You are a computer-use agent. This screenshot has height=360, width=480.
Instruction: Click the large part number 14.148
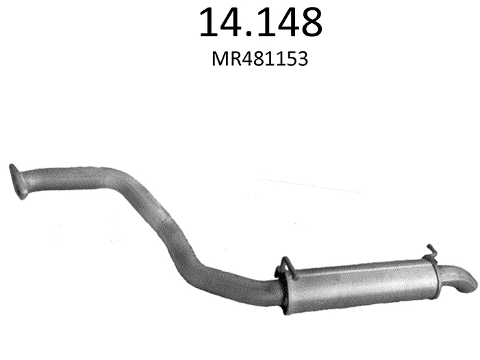(x=260, y=22)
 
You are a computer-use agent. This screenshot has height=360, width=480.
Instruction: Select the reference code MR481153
(x=260, y=59)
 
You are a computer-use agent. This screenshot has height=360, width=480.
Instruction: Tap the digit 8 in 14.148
(x=308, y=22)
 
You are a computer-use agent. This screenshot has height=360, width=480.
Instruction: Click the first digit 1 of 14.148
(x=208, y=22)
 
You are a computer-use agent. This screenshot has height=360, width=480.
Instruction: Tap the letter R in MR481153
(x=234, y=59)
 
